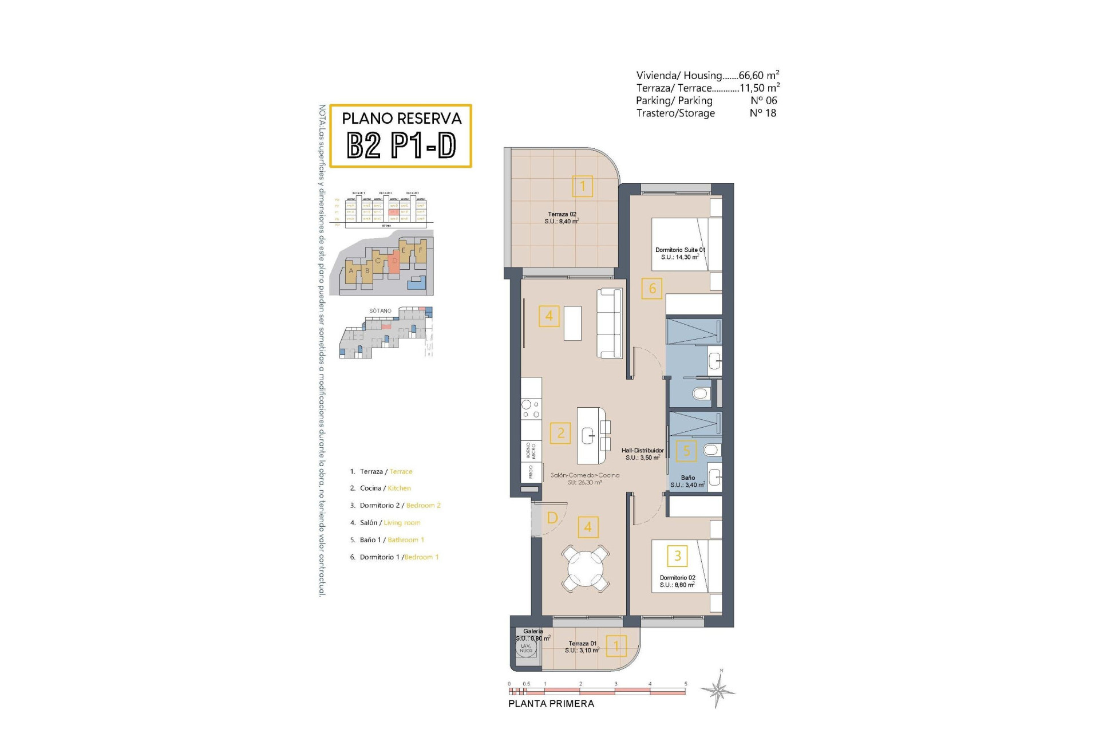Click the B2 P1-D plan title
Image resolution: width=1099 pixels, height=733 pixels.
pos(401,145)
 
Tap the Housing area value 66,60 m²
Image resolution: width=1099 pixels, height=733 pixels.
pos(758,75)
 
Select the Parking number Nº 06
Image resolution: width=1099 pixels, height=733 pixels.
pos(764,100)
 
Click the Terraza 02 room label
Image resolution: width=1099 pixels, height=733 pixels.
pos(562,218)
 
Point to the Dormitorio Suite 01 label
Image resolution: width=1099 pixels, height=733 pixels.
pos(680,253)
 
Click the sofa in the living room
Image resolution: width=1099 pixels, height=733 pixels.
pos(609,324)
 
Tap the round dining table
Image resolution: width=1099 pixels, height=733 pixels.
pos(585,569)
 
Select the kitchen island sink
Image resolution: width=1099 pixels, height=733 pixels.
pos(588,436)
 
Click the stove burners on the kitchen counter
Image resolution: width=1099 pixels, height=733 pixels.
pos(531,409)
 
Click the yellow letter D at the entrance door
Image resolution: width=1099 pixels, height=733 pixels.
pos(552,518)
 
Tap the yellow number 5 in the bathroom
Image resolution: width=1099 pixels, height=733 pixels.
pos(686,451)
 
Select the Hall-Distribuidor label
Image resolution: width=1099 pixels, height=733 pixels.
pos(642,454)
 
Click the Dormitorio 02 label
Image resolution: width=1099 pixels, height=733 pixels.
pos(677,581)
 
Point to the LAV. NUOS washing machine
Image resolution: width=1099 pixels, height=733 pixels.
pos(526,648)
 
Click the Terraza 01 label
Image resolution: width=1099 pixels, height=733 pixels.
pos(582,647)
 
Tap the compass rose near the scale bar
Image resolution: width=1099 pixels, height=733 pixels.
pos(720,689)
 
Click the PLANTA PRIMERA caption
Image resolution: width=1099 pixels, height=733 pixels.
pos(551,704)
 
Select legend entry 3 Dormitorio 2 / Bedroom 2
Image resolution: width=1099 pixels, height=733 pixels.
pos(395,506)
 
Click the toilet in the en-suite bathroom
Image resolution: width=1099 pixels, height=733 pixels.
pos(701,393)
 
